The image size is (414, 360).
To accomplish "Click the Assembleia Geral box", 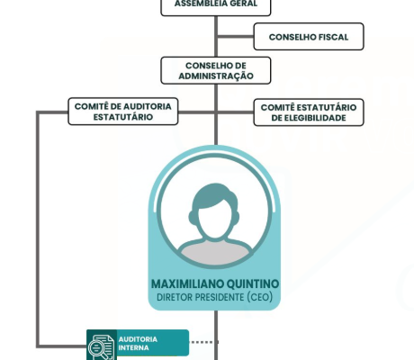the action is coord(216,6).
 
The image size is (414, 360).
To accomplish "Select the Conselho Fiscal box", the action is coord(309,36).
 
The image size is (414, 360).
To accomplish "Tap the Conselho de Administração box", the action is coord(216,70).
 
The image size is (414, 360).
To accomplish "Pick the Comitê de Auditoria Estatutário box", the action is coord(123,112).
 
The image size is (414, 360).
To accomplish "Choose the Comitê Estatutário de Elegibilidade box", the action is coord(309,112).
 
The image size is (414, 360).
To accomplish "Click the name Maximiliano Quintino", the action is coord(215,283).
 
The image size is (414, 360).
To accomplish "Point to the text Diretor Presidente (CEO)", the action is coord(215,297).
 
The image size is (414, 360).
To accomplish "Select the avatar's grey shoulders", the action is coord(215,251).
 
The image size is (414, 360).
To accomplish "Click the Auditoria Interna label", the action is coord(138,344).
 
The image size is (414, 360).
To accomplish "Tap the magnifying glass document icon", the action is coord(102,347).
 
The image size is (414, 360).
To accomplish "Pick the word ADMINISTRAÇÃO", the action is coord(216,76).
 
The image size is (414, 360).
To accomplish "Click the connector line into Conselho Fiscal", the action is coord(236,37).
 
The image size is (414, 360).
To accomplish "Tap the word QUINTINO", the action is coord(253,283).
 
